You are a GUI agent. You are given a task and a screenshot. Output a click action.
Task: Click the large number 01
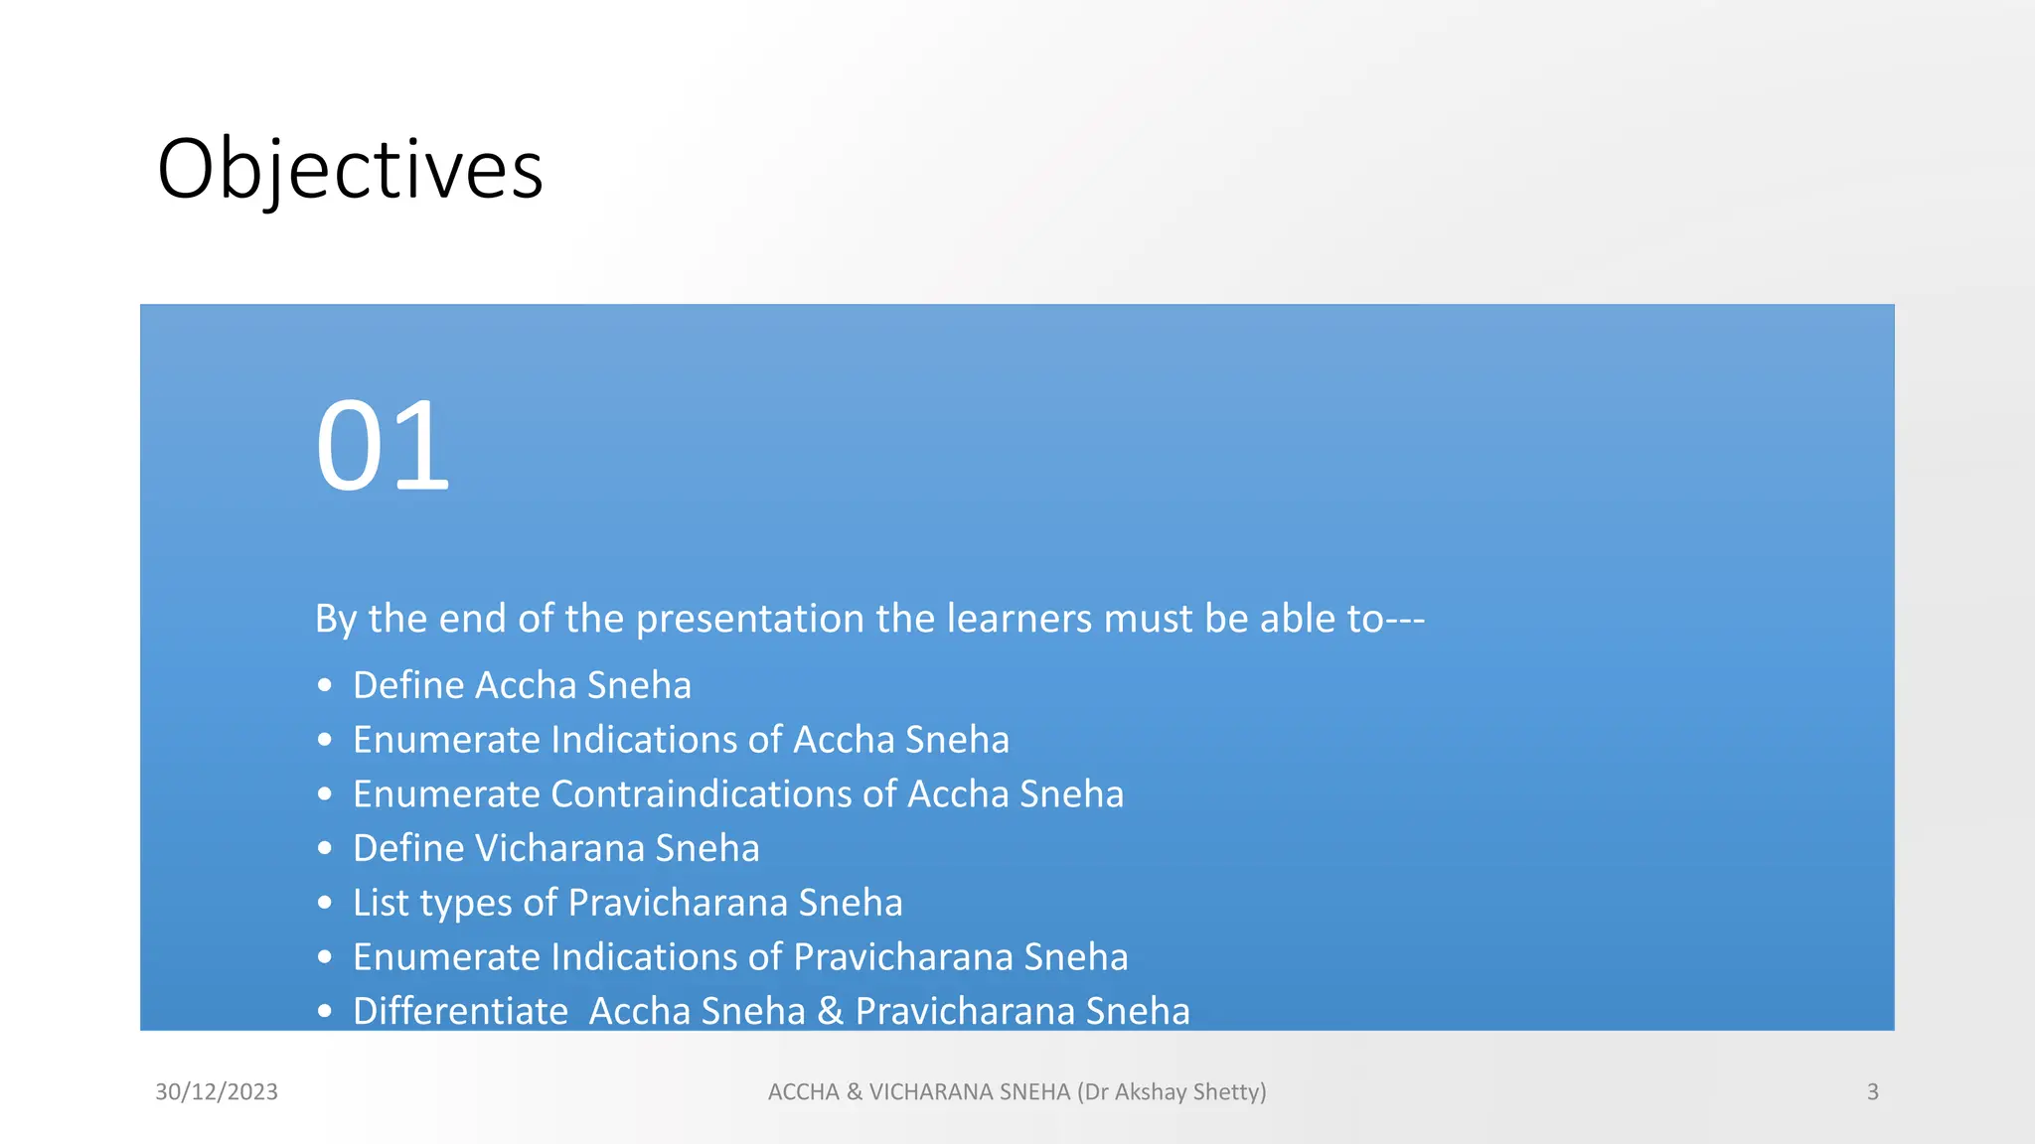coord(383,446)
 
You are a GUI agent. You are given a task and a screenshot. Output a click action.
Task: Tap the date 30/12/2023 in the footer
coord(217,1091)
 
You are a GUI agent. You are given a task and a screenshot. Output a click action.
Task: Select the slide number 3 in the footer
coord(1872,1091)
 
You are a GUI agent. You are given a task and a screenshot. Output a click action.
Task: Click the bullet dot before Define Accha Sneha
coord(325,685)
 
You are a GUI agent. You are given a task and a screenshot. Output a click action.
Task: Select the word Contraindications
coord(702,794)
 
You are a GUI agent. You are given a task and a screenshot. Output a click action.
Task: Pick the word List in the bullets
coord(381,903)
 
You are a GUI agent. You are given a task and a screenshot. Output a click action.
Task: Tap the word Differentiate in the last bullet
coord(460,1012)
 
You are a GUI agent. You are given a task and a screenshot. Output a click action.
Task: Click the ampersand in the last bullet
coord(830,1012)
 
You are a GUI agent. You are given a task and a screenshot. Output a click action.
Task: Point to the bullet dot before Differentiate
coord(325,1012)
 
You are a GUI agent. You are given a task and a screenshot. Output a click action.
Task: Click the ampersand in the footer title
coord(855,1091)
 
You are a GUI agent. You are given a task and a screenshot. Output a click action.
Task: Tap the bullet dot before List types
coord(325,903)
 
